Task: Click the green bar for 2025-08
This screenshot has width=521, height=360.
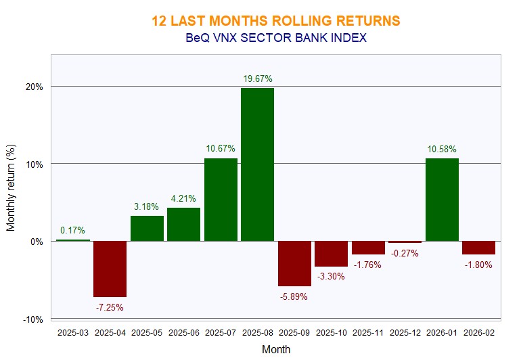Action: point(257,164)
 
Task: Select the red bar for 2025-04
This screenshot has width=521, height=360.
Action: point(110,269)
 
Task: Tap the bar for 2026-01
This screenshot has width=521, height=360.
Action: point(441,200)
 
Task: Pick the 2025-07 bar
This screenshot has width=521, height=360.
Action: point(221,200)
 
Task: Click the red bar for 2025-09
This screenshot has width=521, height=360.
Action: point(294,263)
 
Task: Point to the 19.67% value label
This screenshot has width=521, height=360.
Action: point(258,79)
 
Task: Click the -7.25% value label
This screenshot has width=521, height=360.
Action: point(110,307)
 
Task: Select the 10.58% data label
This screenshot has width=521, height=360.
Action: point(441,149)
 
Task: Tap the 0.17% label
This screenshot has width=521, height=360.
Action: point(72,230)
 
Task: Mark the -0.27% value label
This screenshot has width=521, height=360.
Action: point(405,253)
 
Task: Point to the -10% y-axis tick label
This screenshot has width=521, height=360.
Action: point(34,319)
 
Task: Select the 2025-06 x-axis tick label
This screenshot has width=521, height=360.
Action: point(183,333)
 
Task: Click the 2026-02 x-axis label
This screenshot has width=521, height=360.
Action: point(478,333)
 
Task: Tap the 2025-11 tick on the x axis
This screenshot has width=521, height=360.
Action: point(368,333)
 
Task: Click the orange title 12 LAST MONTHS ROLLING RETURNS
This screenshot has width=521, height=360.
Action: point(276,21)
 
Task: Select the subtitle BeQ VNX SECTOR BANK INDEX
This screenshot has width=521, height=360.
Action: point(276,38)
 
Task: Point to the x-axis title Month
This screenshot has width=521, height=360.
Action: point(276,350)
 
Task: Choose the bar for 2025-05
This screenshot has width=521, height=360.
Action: point(147,228)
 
